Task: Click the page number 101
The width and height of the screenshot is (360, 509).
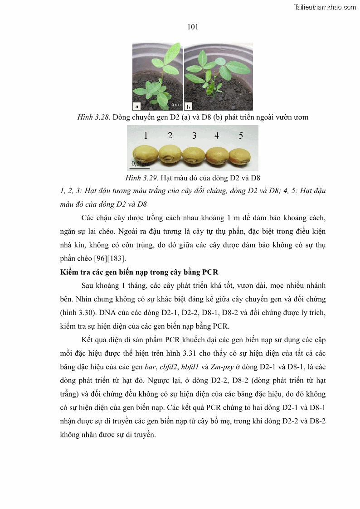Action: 193,27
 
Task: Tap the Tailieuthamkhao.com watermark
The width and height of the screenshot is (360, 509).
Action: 325,7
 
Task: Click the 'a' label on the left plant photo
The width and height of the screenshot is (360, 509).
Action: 136,106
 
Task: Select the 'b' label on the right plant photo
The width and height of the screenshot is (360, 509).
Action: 188,106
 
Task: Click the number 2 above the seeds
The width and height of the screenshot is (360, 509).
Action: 170,135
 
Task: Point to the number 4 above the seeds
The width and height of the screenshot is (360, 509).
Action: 217,136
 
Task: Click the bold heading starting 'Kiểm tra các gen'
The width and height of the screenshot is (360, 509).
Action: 139,272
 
